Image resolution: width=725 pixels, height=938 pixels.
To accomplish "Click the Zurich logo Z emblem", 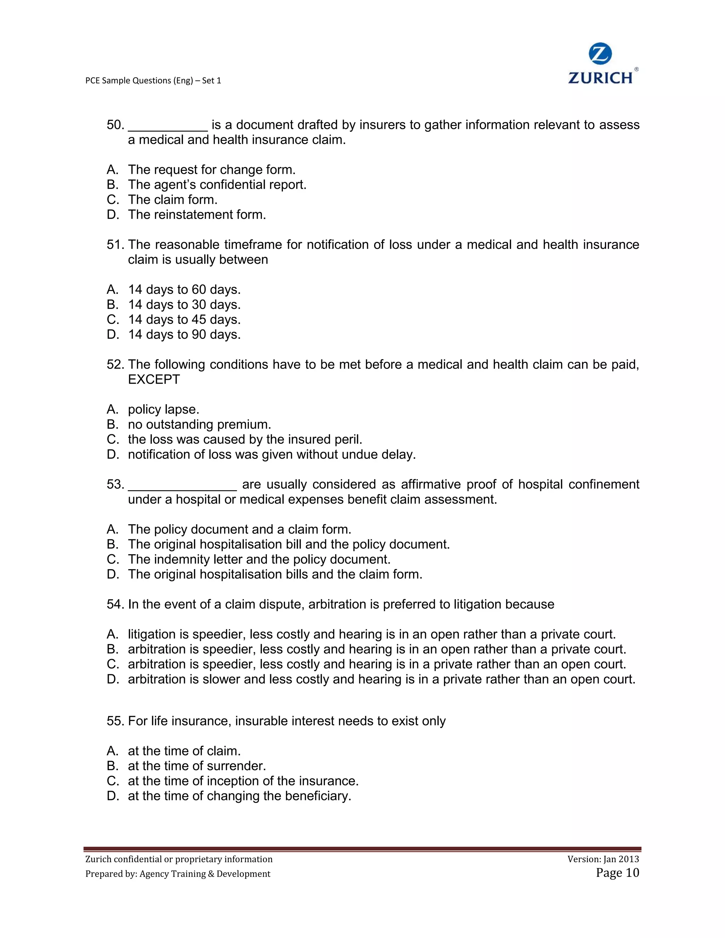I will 600,55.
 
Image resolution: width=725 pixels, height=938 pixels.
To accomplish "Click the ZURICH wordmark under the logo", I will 600,78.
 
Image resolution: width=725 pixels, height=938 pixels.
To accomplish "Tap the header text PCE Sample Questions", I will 153,80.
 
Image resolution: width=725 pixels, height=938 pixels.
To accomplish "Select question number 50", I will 115,125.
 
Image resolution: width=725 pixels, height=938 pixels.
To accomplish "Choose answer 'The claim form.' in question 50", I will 173,200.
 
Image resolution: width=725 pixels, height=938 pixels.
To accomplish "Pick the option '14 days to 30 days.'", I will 184,304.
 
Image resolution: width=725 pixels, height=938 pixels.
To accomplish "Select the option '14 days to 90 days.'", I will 184,334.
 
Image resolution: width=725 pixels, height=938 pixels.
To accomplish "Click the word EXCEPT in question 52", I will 154,380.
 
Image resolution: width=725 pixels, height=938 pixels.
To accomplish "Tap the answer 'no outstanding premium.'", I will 199,425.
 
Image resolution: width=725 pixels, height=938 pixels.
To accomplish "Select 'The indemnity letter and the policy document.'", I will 259,560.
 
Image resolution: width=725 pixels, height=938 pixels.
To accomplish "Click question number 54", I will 115,605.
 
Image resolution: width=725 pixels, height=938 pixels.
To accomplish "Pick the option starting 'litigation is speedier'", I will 371,634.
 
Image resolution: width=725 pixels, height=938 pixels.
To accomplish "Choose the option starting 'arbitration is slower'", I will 381,680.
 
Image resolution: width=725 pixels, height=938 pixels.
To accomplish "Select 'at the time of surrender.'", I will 197,766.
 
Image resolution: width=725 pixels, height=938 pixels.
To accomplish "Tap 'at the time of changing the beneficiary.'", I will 239,796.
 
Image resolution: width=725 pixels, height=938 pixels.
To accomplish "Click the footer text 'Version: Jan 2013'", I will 603,859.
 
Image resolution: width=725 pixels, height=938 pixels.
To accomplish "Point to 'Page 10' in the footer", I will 617,873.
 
